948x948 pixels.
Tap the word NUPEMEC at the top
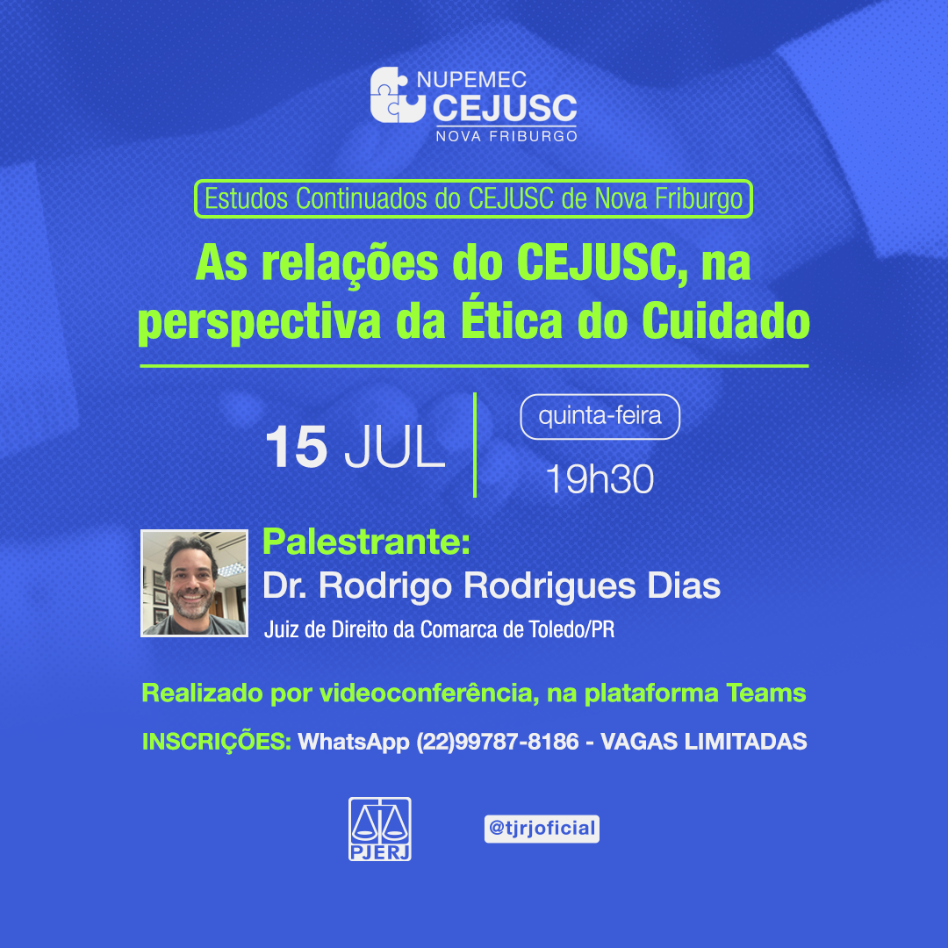click(471, 79)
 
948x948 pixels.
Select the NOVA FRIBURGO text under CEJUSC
click(506, 136)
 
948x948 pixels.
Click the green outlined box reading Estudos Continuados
click(473, 198)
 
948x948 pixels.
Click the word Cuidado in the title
click(726, 320)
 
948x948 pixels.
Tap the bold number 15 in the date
click(297, 447)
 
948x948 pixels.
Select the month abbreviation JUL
click(394, 447)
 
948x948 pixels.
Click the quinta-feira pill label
click(600, 417)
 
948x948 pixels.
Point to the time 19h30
click(600, 479)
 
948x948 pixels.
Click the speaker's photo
click(194, 583)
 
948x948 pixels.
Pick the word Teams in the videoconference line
click(766, 693)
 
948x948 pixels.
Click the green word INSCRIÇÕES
click(217, 741)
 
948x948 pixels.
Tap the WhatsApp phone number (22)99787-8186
click(498, 742)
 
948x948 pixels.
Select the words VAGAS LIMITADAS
click(704, 741)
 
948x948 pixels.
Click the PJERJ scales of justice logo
click(380, 829)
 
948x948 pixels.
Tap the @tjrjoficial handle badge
click(542, 829)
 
